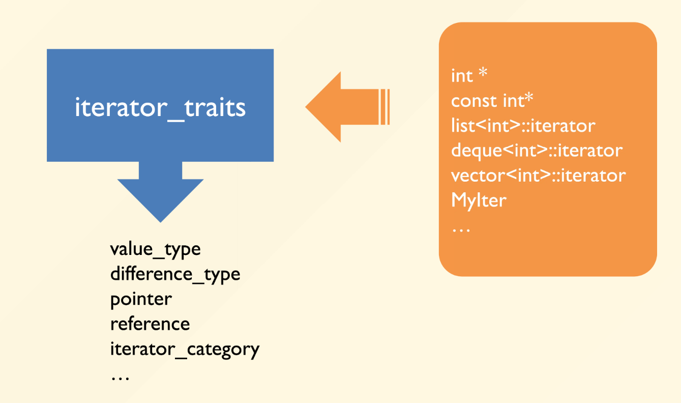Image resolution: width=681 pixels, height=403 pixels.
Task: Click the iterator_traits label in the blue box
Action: (160, 108)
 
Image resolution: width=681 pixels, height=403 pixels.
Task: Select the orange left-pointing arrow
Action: (347, 107)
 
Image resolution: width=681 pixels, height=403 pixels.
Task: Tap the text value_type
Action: (155, 250)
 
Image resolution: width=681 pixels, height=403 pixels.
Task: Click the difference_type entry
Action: (175, 274)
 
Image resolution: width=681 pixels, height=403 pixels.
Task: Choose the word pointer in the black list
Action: (141, 300)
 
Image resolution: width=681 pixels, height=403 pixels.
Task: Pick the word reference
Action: (150, 324)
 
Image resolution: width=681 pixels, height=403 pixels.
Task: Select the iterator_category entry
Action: (185, 349)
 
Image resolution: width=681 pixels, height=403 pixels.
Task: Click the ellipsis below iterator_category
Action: (121, 378)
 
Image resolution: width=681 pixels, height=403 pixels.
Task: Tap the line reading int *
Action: (469, 76)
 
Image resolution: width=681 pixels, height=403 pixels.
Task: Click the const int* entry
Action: (492, 101)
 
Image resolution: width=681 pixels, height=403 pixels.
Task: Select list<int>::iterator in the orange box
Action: (523, 126)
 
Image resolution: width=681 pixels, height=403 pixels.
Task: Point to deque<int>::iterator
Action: (537, 151)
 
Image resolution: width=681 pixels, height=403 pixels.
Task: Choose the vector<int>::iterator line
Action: (538, 176)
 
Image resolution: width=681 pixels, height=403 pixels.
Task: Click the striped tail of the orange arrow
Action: (384, 107)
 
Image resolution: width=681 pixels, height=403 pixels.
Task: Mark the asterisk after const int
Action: (529, 98)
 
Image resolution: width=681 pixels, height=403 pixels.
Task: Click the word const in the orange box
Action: (475, 101)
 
